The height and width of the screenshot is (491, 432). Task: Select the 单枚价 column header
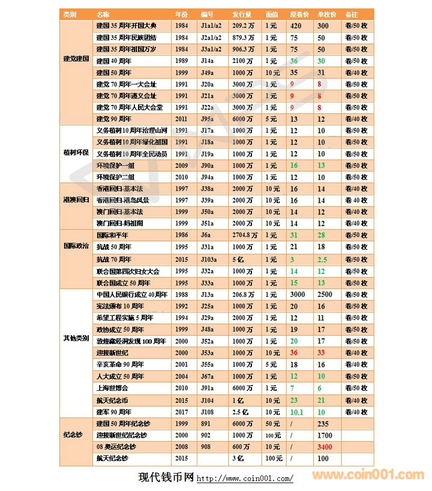(326, 13)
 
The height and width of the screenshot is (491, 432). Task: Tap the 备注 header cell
(352, 13)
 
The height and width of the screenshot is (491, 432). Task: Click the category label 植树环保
(76, 153)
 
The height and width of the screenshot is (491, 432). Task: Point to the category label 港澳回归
(76, 199)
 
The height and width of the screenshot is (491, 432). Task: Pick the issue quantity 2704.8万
(244, 236)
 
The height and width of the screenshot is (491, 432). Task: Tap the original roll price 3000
(298, 294)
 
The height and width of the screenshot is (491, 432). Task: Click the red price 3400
(326, 447)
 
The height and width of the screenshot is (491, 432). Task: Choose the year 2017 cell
(181, 412)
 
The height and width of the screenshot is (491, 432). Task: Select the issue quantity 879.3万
(244, 37)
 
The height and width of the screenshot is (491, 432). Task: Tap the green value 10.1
(296, 412)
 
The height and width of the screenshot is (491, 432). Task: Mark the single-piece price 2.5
(322, 259)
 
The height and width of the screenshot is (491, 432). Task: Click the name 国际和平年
(113, 236)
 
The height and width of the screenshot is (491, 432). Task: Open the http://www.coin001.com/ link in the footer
(245, 478)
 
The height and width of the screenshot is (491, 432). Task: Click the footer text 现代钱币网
(166, 477)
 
